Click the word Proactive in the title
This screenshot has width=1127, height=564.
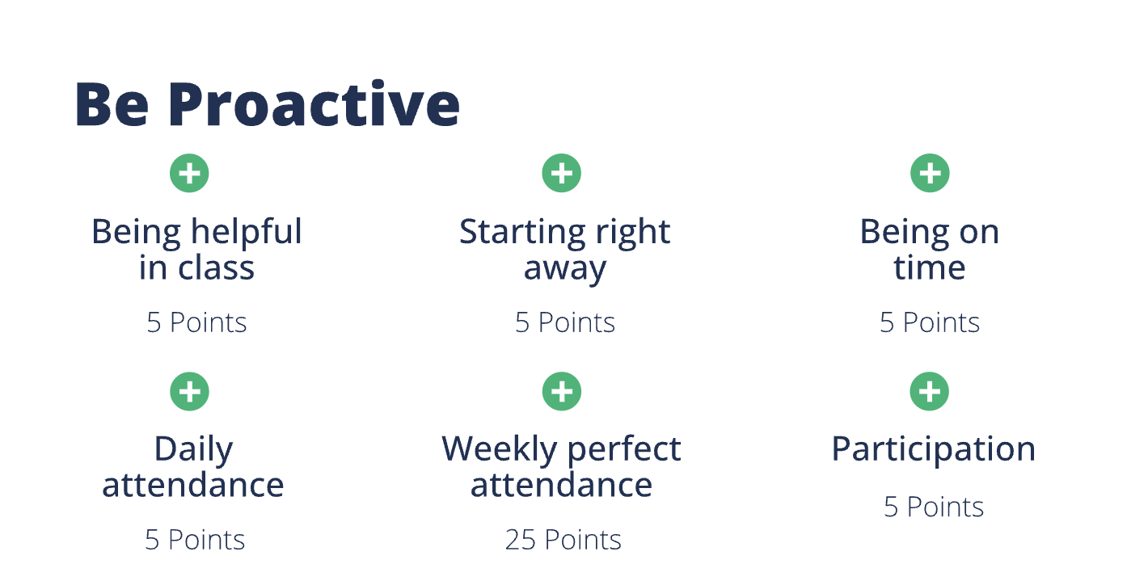pyautogui.click(x=314, y=106)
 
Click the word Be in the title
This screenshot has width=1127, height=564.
pyautogui.click(x=111, y=106)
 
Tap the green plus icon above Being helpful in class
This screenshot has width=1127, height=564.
pyautogui.click(x=189, y=173)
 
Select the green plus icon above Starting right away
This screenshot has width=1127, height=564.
pyautogui.click(x=561, y=173)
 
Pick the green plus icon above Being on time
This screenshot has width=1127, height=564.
pyautogui.click(x=930, y=173)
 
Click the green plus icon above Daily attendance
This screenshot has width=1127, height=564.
pyautogui.click(x=189, y=392)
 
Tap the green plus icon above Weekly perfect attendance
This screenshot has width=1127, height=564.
pyautogui.click(x=561, y=392)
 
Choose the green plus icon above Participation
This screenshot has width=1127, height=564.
pyautogui.click(x=930, y=392)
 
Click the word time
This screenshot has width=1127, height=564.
pyautogui.click(x=929, y=268)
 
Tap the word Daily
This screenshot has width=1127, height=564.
pyautogui.click(x=193, y=449)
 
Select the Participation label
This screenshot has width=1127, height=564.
pyautogui.click(x=933, y=450)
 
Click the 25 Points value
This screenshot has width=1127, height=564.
pyautogui.click(x=563, y=539)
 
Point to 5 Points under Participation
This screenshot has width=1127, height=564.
pyautogui.click(x=933, y=507)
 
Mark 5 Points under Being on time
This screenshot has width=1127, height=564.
pyautogui.click(x=929, y=323)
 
